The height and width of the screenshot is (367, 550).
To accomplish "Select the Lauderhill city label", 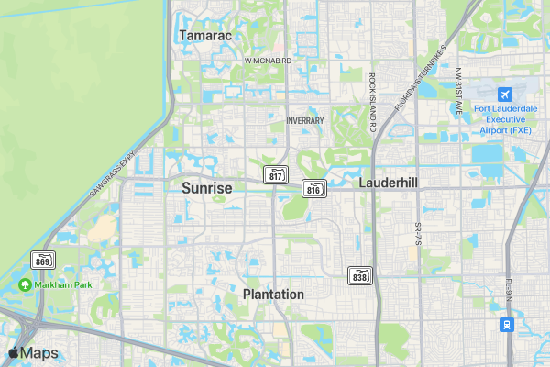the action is (389, 183).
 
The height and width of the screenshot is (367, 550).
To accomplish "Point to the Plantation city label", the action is (273, 295).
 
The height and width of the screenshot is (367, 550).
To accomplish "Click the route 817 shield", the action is (276, 174).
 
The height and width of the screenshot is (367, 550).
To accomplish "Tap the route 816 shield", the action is (313, 189).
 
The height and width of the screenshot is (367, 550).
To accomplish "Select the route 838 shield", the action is (360, 275).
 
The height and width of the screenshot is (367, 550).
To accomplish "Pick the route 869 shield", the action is (43, 260).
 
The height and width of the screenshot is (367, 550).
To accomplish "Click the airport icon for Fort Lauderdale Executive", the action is (504, 95).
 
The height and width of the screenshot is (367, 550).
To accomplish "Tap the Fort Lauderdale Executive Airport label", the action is (504, 118).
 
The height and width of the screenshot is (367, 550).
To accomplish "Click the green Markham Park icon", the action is (26, 285).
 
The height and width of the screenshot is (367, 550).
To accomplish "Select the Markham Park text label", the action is (64, 285).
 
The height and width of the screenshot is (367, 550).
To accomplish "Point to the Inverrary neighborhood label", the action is (305, 120).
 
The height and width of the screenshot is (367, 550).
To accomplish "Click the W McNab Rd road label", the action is (268, 61).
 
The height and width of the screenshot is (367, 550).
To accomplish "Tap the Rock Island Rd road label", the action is (373, 103).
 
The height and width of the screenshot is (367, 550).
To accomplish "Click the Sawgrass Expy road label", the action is (112, 173).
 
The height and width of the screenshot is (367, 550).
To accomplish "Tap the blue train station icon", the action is (505, 325).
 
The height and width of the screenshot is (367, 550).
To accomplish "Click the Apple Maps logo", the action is (33, 353).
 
